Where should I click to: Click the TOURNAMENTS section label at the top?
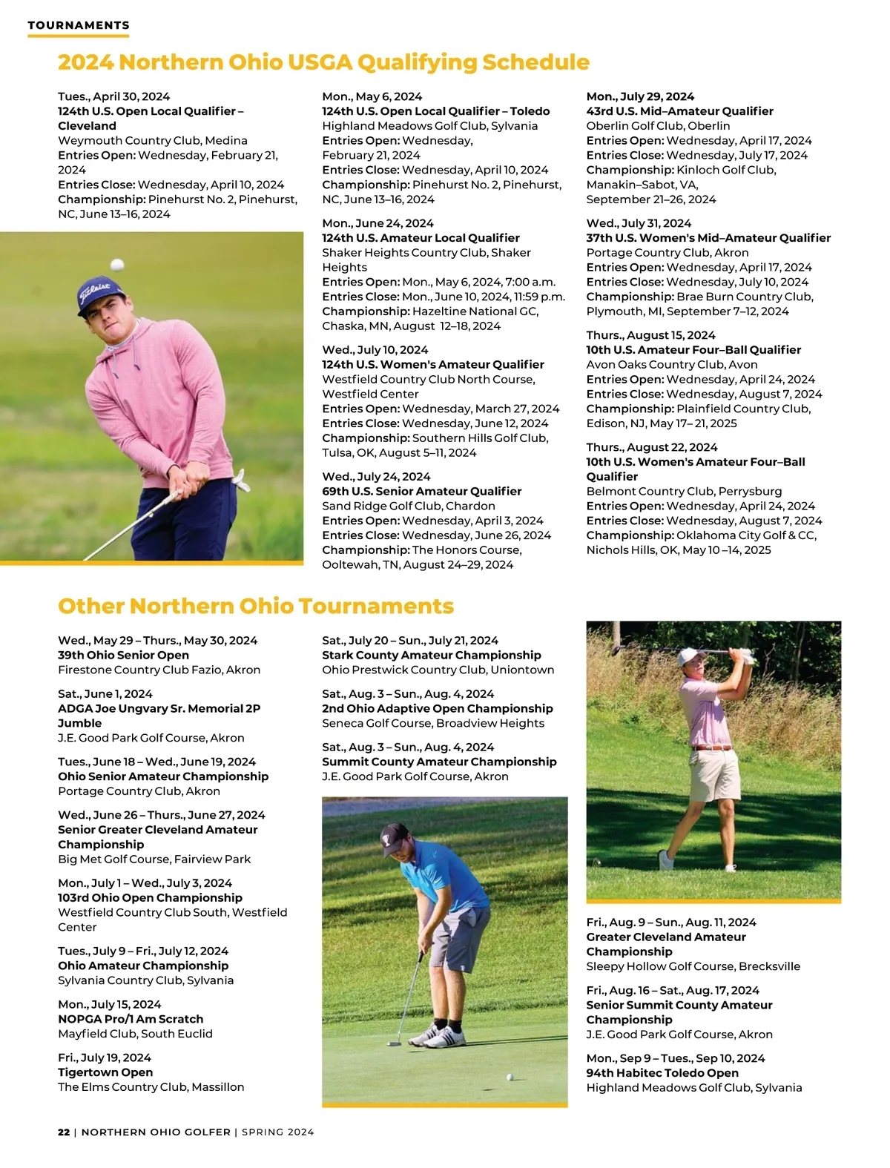coord(79,25)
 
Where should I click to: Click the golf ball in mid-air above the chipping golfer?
coord(117,265)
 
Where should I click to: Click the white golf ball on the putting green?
coord(509,1077)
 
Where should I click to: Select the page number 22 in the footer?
coord(64,1132)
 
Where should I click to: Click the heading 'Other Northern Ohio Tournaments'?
coord(256,606)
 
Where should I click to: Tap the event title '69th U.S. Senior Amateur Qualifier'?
coord(421,491)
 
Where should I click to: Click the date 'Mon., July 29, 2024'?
coord(640,96)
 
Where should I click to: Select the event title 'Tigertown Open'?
coord(105,1072)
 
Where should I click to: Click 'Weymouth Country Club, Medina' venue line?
coord(153,140)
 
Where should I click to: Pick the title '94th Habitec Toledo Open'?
coord(662,1073)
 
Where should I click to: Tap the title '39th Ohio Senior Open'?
coord(123,655)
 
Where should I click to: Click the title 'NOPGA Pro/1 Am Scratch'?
coord(131,1019)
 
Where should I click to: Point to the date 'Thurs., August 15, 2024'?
coord(650,335)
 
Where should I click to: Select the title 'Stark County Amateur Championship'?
coord(432,655)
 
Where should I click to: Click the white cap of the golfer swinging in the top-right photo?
coord(690,657)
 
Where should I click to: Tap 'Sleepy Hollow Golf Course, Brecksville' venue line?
coord(693,966)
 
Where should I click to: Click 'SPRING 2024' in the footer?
coord(278,1132)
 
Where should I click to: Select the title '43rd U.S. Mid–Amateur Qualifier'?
coord(679,111)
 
